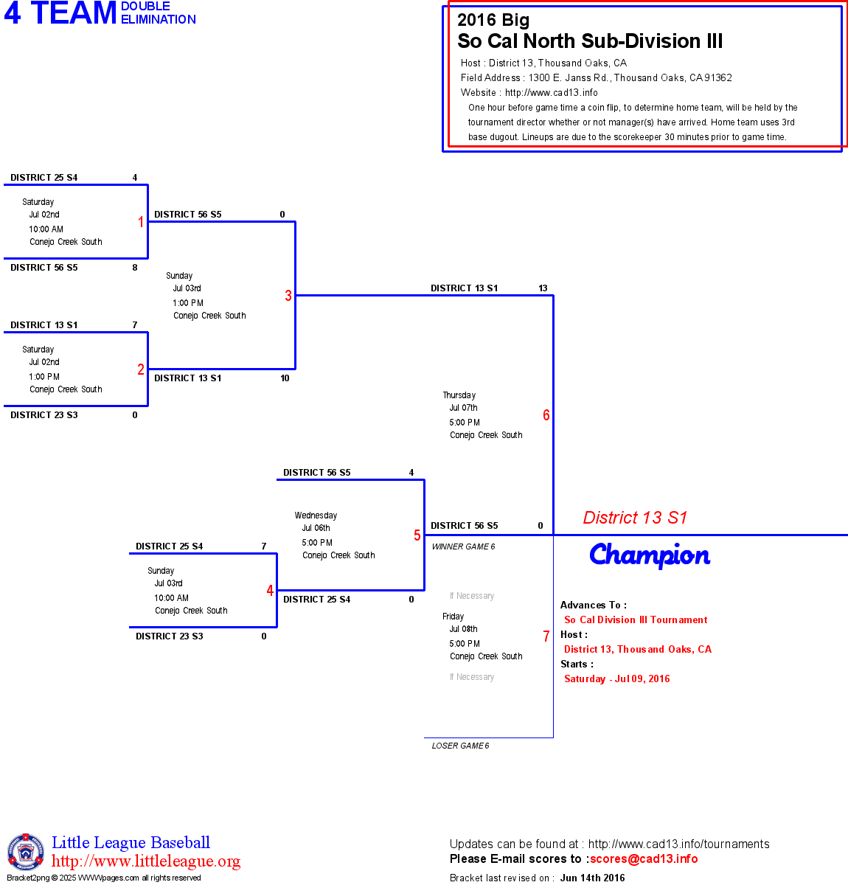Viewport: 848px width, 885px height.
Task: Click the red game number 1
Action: click(x=141, y=222)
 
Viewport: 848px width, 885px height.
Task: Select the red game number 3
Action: click(x=288, y=296)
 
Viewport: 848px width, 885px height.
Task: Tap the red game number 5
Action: click(x=417, y=535)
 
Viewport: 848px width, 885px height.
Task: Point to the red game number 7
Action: click(x=546, y=636)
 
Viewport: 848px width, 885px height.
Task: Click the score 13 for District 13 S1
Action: click(x=543, y=288)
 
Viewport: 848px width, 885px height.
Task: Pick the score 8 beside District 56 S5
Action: click(x=135, y=268)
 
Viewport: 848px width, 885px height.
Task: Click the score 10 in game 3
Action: click(x=285, y=378)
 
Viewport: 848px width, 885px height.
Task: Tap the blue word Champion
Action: click(x=650, y=555)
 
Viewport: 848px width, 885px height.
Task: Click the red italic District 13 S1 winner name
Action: click(x=635, y=518)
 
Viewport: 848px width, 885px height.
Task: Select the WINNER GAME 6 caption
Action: click(x=463, y=546)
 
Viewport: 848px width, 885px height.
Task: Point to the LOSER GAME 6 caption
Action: click(x=460, y=746)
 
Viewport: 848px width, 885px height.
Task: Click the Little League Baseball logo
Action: click(x=26, y=853)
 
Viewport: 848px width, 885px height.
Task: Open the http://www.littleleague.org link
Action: click(x=146, y=861)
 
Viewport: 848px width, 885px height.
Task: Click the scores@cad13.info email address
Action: click(x=644, y=858)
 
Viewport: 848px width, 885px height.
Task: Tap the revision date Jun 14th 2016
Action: click(x=592, y=878)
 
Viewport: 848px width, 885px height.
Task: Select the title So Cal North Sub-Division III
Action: click(x=590, y=41)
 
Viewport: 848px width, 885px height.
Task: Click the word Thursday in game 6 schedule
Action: click(x=459, y=395)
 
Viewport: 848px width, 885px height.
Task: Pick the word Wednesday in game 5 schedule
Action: click(x=316, y=516)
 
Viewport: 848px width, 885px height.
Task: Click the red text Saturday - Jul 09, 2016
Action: click(x=617, y=679)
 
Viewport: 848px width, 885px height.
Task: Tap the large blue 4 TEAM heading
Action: click(x=60, y=13)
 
